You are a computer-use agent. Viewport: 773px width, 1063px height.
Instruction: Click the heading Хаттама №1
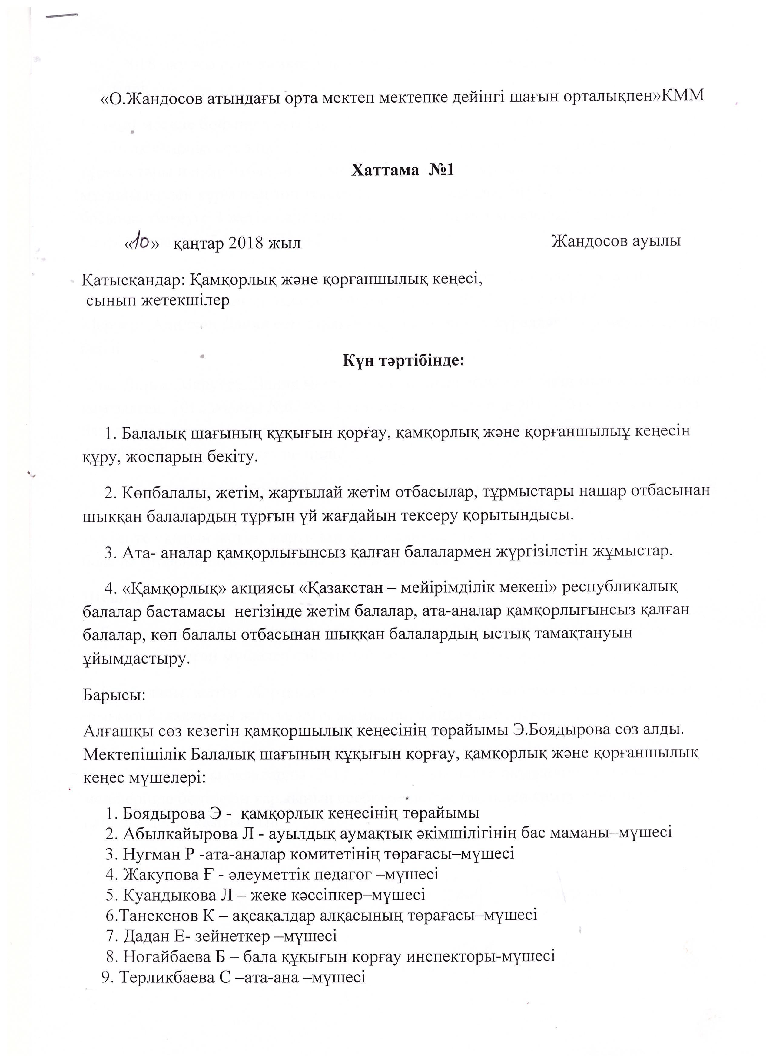tap(402, 170)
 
